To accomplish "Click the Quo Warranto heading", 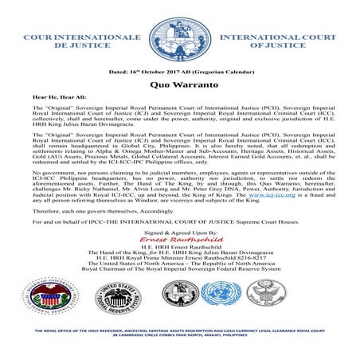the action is coord(180,82).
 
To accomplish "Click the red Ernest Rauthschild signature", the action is coord(180,238).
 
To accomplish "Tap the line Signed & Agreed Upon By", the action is coord(180,229).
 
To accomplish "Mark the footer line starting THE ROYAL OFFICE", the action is coord(180,331).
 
